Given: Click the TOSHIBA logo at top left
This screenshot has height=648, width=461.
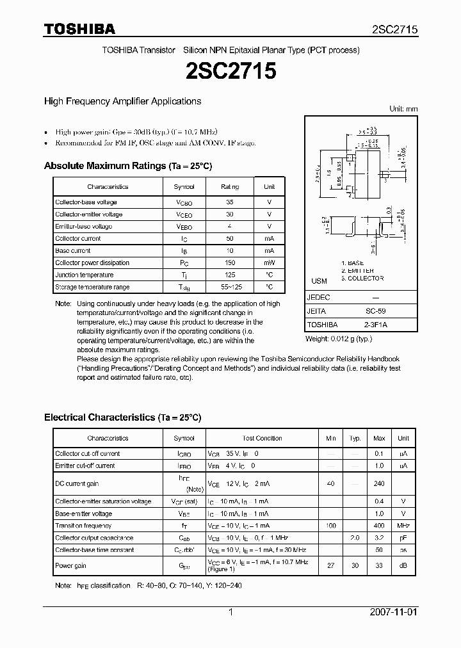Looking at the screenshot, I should pos(79,29).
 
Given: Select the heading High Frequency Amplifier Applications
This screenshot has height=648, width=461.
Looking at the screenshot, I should pos(122,101).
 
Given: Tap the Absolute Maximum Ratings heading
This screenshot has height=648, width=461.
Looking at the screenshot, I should pos(127,166).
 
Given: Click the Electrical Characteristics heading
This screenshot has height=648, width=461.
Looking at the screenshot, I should pos(122,417).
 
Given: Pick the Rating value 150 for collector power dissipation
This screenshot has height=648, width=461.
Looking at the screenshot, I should pos(230,263).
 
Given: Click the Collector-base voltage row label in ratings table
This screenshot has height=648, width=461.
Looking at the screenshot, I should pos(86,202).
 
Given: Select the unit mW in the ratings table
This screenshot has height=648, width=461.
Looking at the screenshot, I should pos(269,263).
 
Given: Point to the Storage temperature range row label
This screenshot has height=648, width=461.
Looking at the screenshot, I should pos(92,287).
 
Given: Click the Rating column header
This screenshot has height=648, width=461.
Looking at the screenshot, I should pos(230,187).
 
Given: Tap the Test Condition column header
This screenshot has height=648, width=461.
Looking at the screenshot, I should pos(262,439).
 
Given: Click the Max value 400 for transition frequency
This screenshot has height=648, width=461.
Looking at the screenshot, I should pos(379,526).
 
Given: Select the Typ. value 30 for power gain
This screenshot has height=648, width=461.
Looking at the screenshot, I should pos(354,566).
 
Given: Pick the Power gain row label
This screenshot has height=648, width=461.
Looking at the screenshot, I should pos(71,566).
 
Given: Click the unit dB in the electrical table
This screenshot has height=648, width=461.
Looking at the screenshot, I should pos(403,566).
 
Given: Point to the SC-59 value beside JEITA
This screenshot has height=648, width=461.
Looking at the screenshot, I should pos(362,311).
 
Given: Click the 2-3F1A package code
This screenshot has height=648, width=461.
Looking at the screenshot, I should pos(362,324).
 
